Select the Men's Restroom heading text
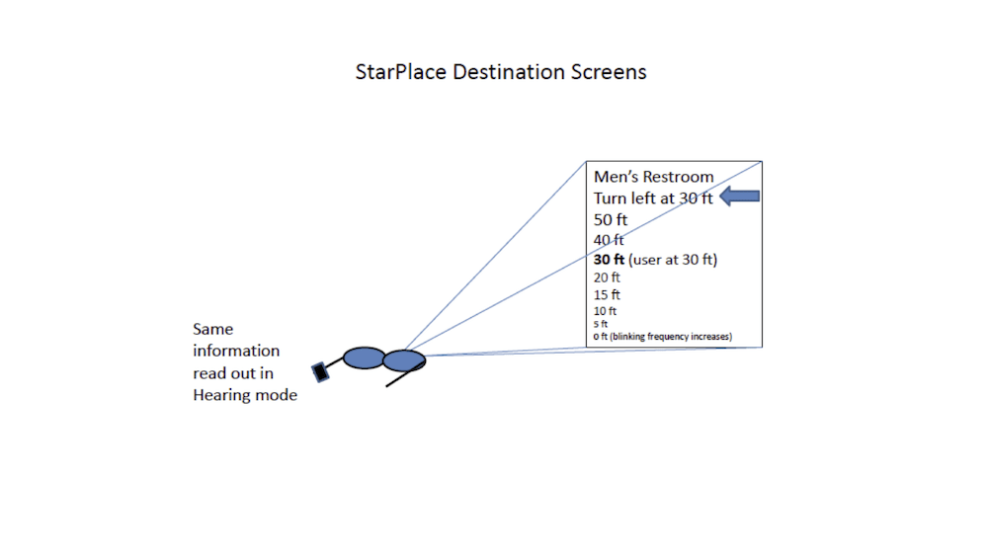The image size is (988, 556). pos(653,177)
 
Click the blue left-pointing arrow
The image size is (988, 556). pos(740,197)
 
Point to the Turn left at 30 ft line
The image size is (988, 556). pos(653,199)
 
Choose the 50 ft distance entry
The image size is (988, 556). pos(611,219)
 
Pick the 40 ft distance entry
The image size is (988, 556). pos(609,240)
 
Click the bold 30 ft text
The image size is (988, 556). pos(609,260)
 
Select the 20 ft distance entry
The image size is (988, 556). pos(607,278)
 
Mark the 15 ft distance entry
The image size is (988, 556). pos(607,295)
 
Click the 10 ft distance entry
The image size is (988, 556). pos(605,311)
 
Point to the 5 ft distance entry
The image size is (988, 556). pos(601,324)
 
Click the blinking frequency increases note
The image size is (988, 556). pos(671,337)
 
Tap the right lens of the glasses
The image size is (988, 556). pos(404,359)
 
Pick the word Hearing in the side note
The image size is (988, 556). pos(222,395)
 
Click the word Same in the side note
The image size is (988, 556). pos(213,329)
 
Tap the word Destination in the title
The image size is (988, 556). pos(504,73)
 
